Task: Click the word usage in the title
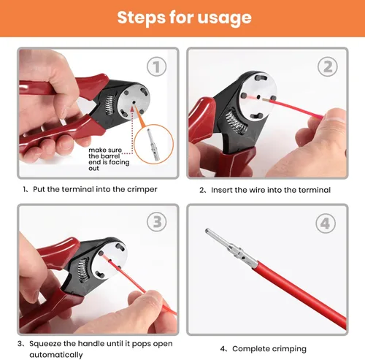(x=224, y=18)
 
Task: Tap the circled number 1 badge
(x=157, y=66)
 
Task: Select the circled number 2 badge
(x=328, y=66)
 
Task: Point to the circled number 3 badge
(x=157, y=222)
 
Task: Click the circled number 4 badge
(x=326, y=223)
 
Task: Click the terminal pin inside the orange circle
(x=153, y=145)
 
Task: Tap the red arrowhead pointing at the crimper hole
(x=132, y=109)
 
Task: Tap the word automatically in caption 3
(x=56, y=355)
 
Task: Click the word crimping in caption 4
(x=289, y=349)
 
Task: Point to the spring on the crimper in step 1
(x=109, y=104)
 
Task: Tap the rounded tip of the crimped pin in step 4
(x=207, y=231)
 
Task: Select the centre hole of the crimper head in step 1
(x=134, y=103)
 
